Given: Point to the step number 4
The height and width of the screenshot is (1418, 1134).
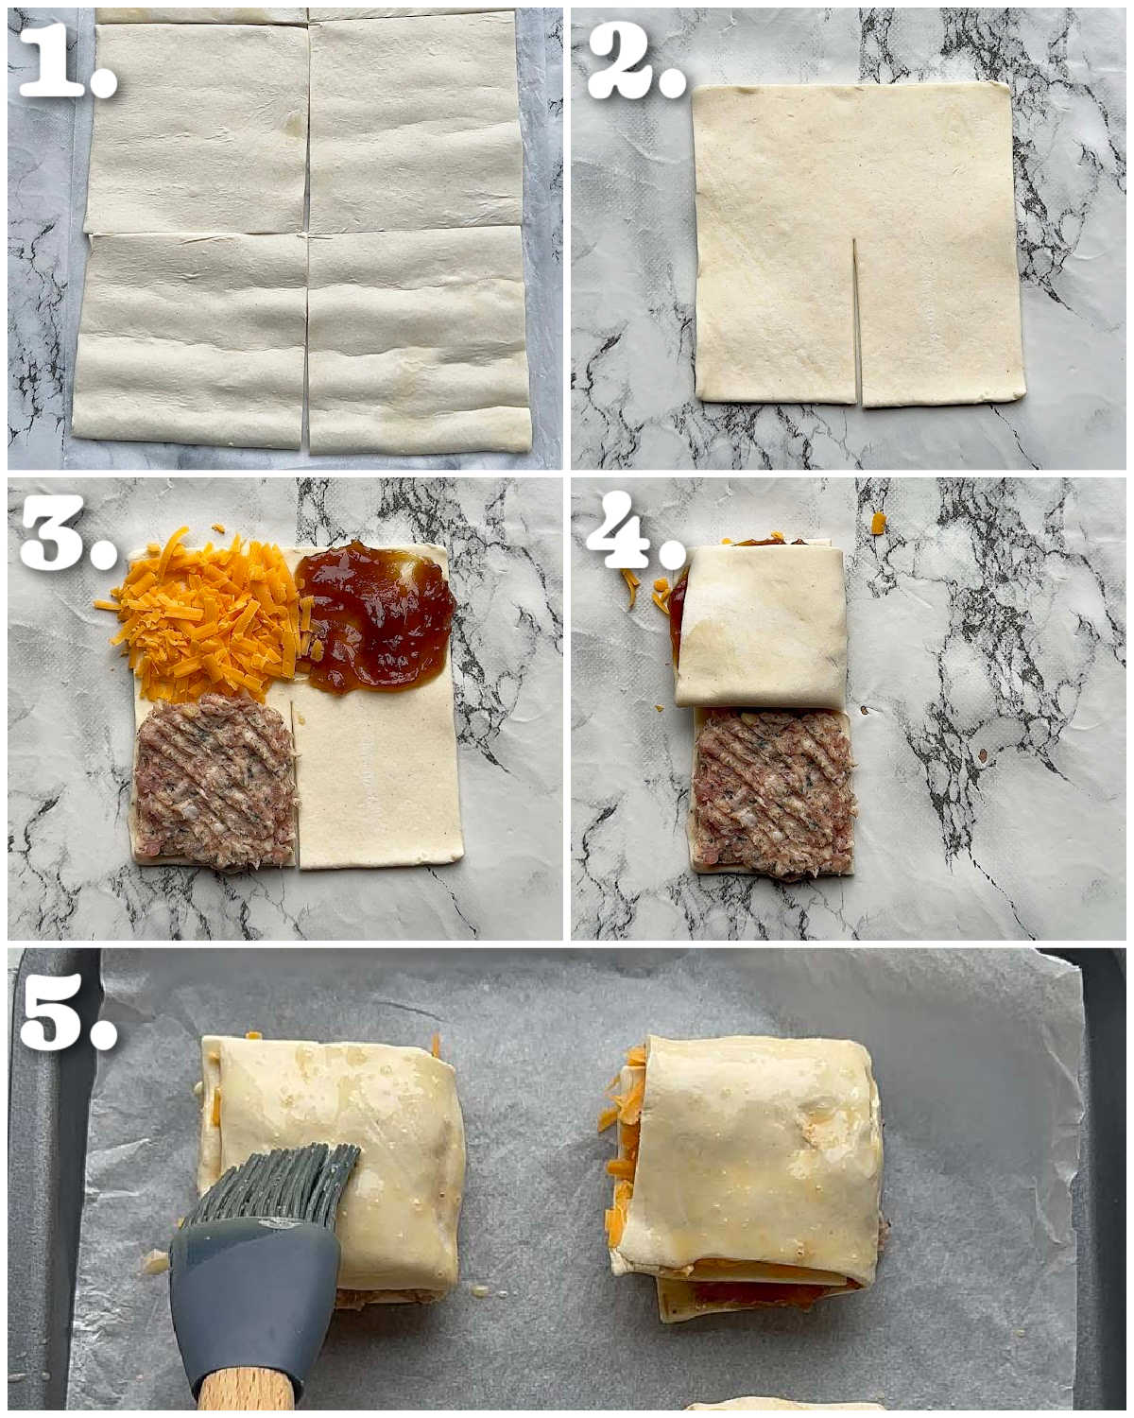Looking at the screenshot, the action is tap(634, 531).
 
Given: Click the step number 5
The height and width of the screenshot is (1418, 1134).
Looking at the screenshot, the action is tap(68, 1012).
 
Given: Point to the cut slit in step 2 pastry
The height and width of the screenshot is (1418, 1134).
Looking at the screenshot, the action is tap(856, 320).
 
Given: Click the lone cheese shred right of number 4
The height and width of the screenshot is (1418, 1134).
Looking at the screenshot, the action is tap(878, 523).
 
